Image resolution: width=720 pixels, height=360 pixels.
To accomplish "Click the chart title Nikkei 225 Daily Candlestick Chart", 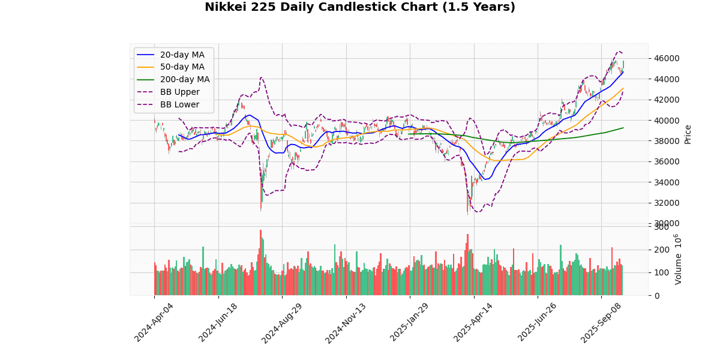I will point(360,7).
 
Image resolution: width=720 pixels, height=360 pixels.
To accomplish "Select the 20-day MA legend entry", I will point(182,55).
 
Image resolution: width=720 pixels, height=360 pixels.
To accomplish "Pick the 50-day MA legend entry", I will point(182,67).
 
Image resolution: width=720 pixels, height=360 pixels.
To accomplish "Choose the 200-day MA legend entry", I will point(184,79).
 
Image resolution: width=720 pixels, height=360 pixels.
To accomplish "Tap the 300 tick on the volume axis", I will point(661,227).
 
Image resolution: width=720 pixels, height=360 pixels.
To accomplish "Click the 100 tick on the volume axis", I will point(661,272).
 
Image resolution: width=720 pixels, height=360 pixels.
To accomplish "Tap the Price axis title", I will point(688,134).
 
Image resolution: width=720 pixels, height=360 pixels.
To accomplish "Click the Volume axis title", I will point(679,259).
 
